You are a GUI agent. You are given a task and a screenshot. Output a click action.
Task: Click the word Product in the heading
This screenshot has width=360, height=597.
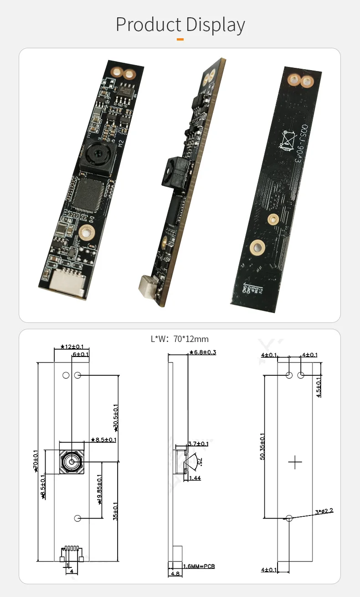[148, 25]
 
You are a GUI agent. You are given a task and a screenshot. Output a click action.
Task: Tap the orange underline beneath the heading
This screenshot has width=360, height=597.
[180, 40]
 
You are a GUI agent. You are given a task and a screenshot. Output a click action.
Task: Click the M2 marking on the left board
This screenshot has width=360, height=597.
[121, 144]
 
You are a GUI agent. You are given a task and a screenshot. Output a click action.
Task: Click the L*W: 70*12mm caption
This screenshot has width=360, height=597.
[180, 339]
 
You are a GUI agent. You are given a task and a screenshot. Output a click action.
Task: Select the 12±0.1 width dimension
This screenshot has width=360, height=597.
[72, 347]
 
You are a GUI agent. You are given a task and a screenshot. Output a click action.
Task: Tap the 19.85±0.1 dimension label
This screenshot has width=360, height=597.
[100, 489]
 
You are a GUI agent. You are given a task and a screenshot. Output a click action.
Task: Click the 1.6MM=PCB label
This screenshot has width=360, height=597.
[199, 566]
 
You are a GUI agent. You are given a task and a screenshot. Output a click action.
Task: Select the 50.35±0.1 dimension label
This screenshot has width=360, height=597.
[262, 446]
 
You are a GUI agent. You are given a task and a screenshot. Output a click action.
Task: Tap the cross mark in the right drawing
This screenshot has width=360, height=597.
[295, 462]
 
